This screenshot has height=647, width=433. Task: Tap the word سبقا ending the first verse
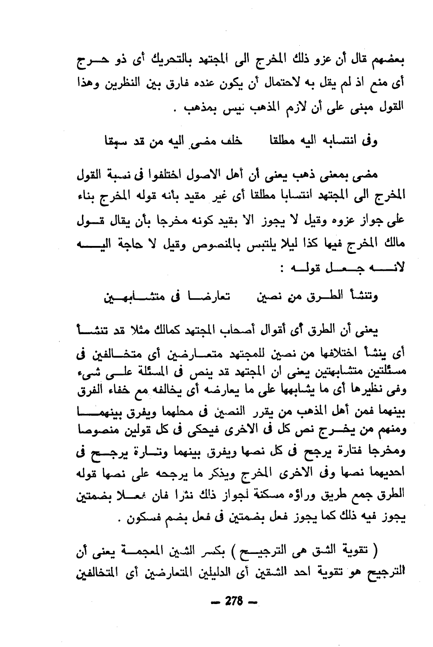113,141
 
